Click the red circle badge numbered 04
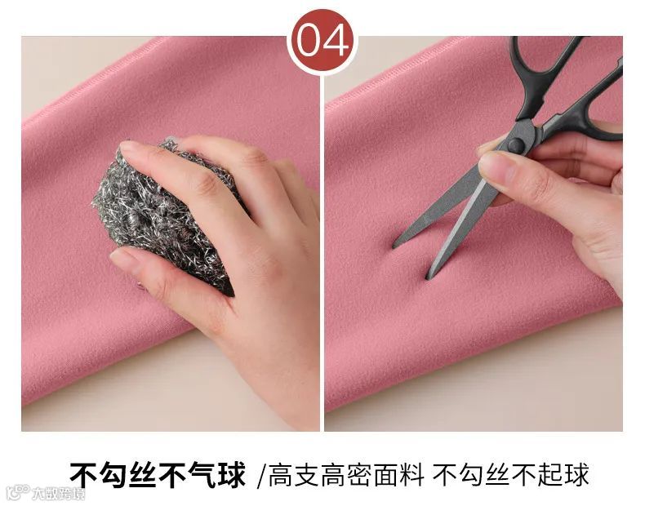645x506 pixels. tap(322, 42)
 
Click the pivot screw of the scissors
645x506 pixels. tap(515, 144)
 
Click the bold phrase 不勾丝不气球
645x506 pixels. tap(157, 474)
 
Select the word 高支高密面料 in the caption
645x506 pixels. tap(346, 475)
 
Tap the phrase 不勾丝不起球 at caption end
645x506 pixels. tap(510, 475)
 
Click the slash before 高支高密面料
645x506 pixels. tap(260, 476)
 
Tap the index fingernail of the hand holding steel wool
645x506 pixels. tap(127, 146)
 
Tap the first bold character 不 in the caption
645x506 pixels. tap(83, 474)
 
